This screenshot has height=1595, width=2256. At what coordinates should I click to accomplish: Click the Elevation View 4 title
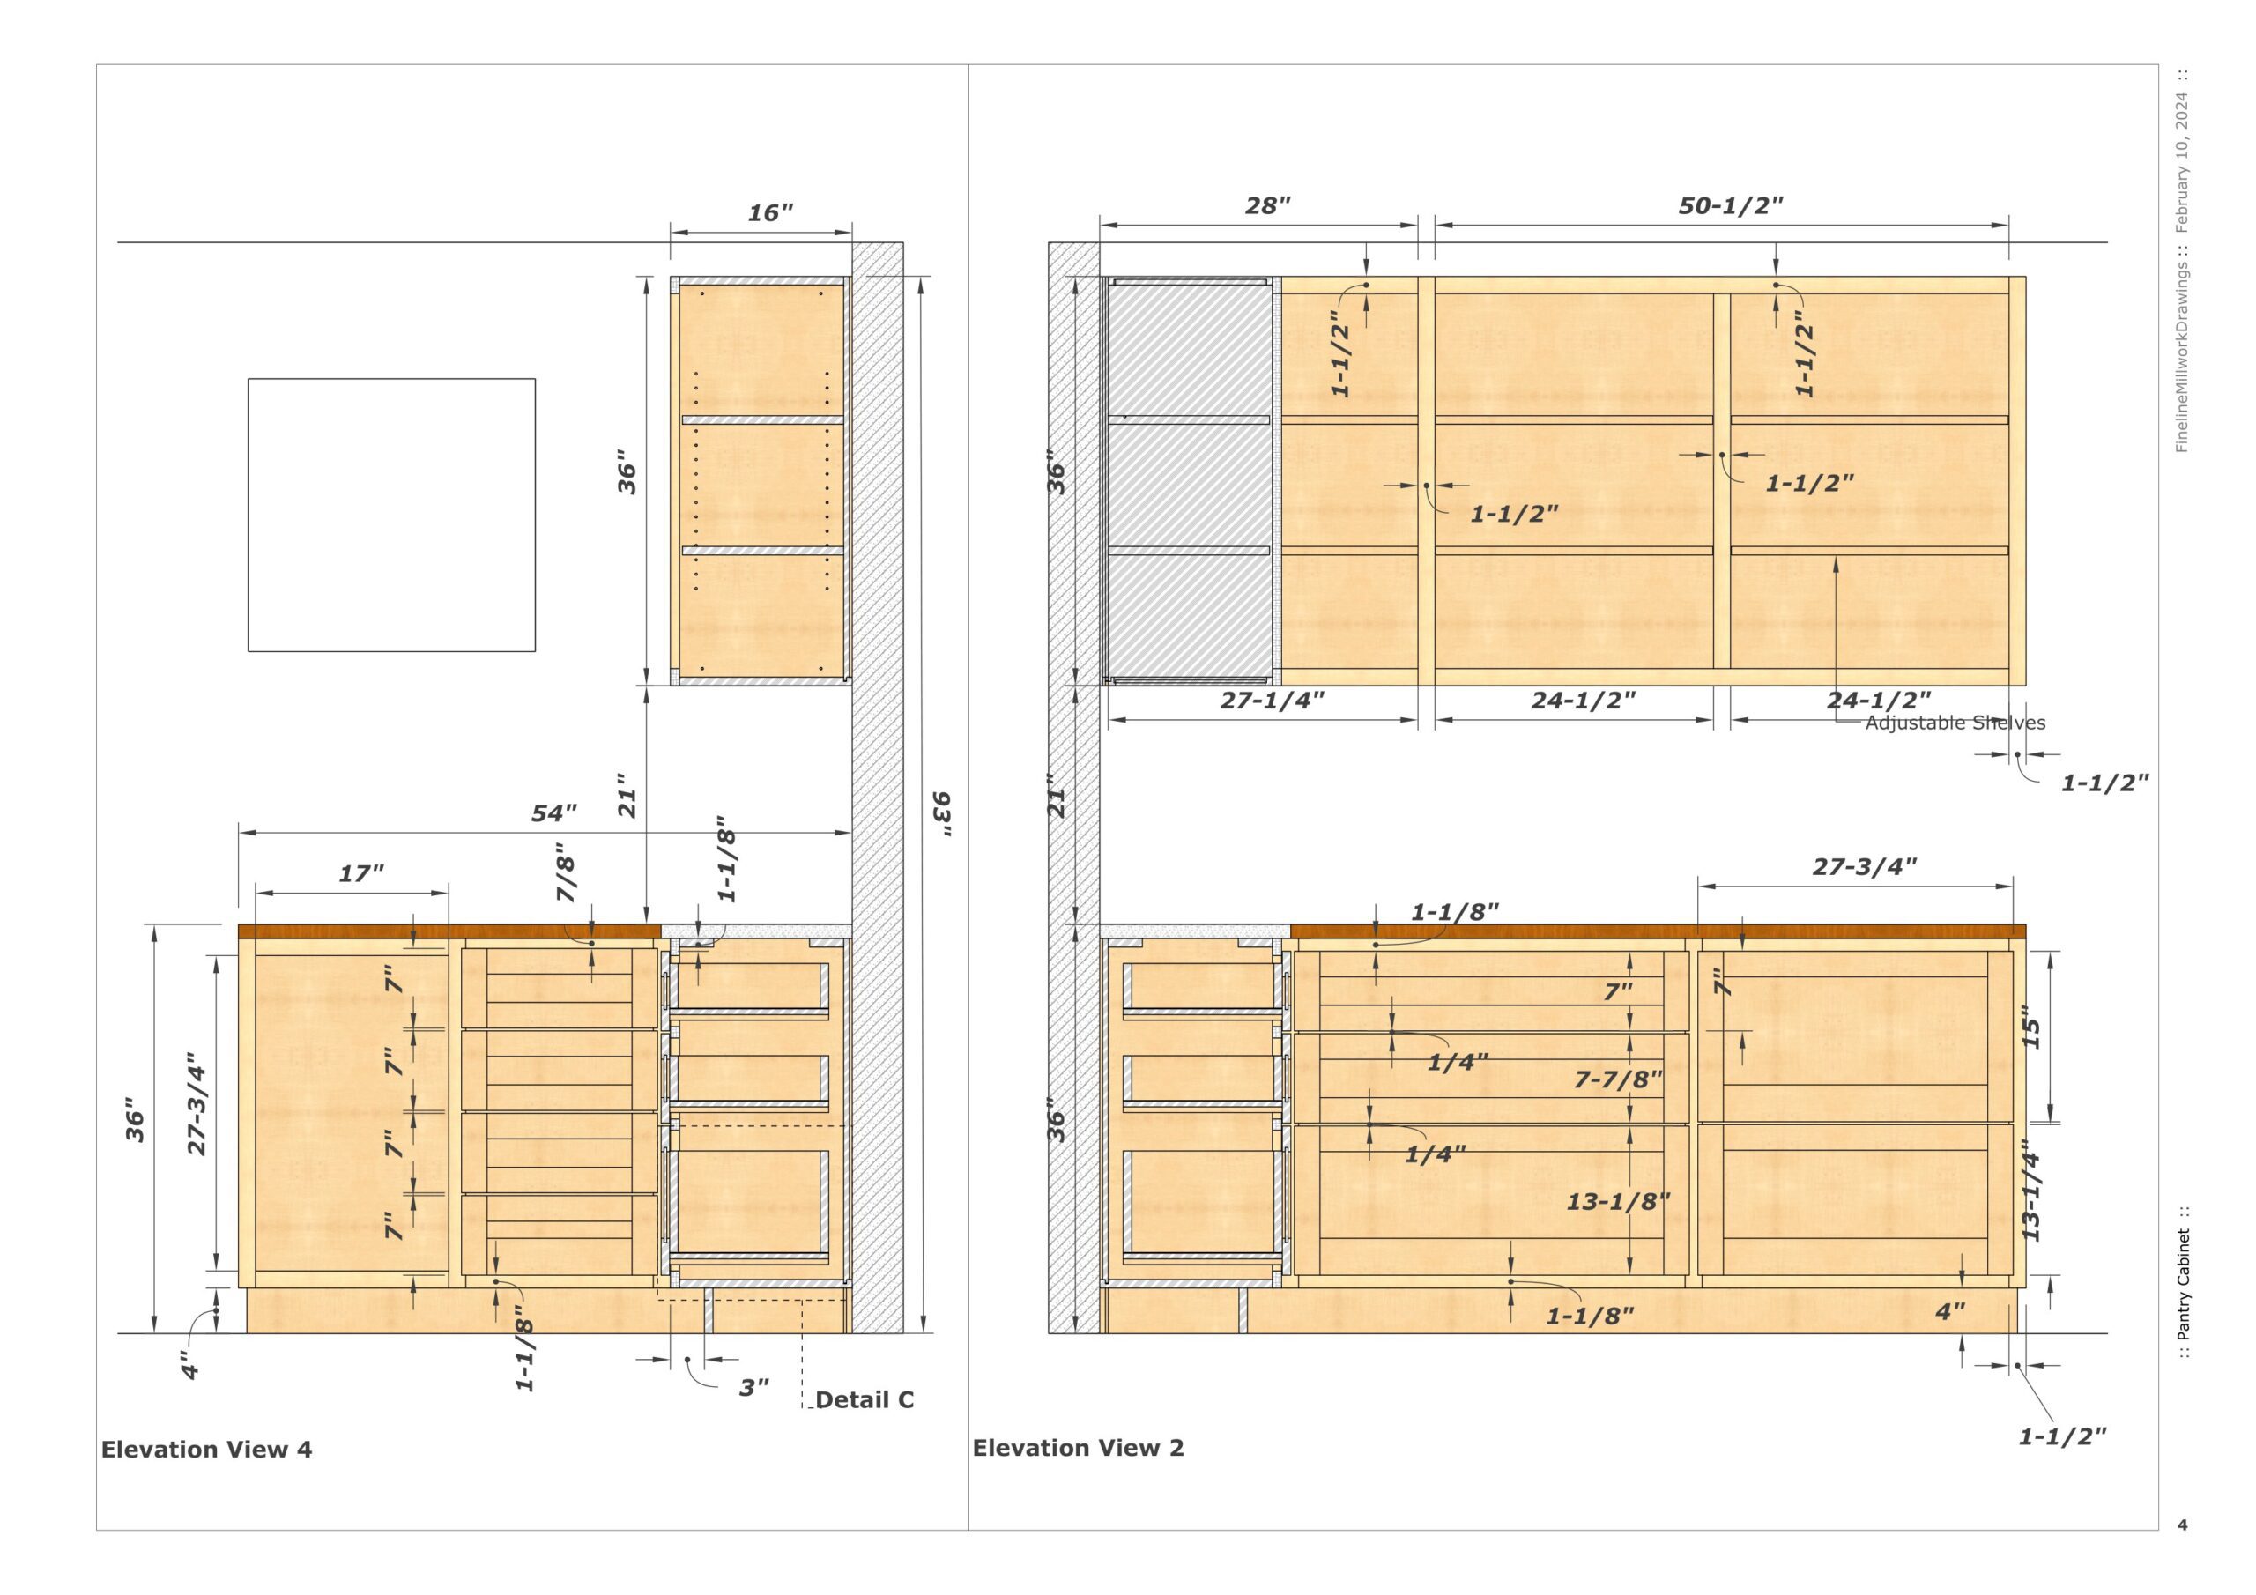click(206, 1450)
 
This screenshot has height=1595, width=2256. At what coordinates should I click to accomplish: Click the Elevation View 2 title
click(1078, 1448)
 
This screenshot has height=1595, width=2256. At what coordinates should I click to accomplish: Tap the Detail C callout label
click(865, 1399)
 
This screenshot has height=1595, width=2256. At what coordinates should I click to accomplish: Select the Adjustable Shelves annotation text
click(1955, 723)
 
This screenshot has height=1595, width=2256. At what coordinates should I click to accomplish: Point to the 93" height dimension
click(941, 815)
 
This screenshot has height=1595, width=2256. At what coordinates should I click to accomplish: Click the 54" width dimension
click(554, 813)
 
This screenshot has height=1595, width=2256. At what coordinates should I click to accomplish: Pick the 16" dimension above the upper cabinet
click(770, 213)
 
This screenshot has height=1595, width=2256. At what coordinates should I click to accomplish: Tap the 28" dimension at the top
click(1267, 205)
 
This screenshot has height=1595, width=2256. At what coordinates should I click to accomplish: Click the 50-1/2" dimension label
click(1730, 205)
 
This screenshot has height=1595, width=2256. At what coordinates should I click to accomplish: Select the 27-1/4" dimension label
click(1273, 701)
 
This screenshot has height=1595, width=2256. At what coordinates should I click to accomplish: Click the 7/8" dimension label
click(566, 872)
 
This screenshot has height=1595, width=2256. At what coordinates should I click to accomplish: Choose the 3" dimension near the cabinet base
click(753, 1388)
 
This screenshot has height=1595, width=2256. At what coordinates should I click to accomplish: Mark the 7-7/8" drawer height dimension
click(1618, 1079)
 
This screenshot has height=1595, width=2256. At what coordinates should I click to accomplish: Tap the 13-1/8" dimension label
click(1618, 1201)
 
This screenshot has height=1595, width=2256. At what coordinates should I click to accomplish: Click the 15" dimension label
click(2031, 1032)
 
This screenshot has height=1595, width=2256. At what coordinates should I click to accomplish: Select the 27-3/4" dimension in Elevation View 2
click(1864, 867)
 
